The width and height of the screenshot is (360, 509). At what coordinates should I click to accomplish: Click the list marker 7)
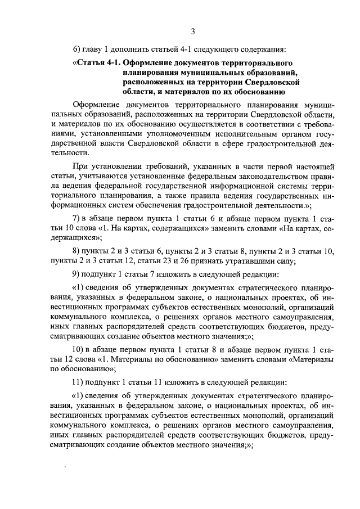(x=78, y=218)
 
